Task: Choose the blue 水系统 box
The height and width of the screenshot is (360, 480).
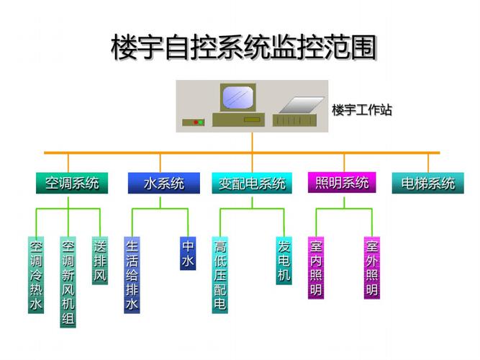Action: click(x=160, y=183)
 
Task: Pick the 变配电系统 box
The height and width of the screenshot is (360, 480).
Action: click(x=252, y=183)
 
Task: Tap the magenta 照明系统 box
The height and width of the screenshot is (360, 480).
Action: click(x=342, y=182)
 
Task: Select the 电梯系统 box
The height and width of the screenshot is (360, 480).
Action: click(x=428, y=183)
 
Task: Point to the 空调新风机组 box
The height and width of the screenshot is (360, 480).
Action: click(x=68, y=282)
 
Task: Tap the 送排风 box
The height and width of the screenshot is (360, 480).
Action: click(x=100, y=261)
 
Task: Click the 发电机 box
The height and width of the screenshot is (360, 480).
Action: click(x=284, y=261)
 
